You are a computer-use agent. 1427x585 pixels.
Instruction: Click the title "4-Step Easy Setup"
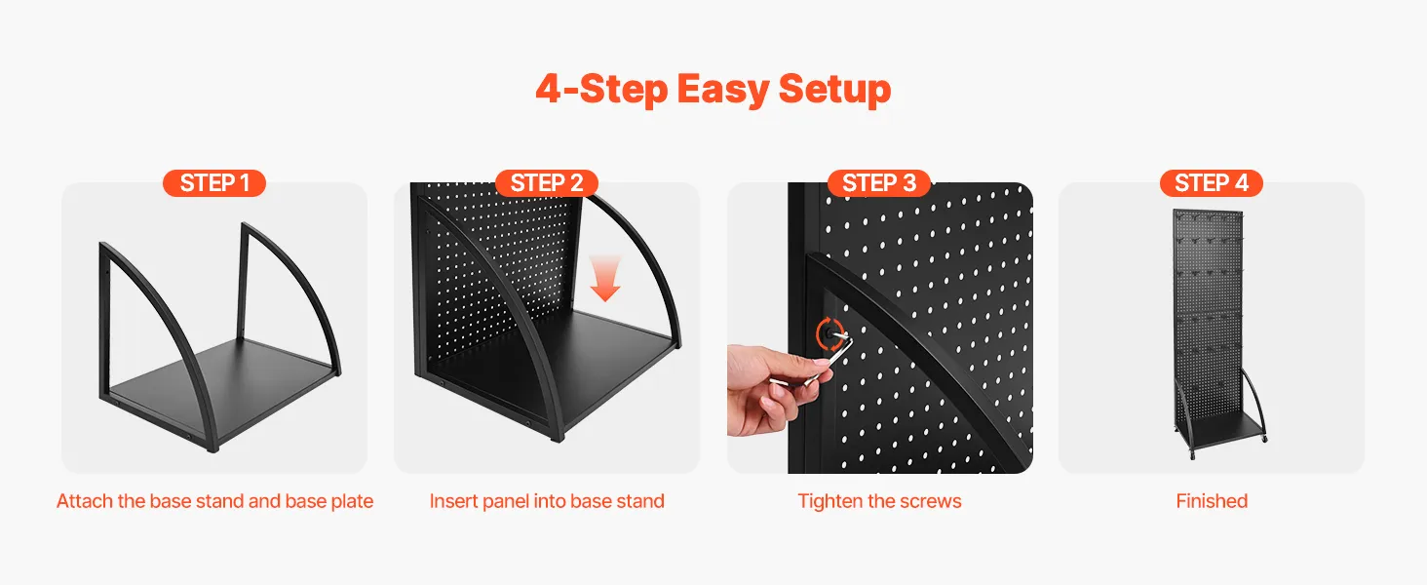[x=713, y=90]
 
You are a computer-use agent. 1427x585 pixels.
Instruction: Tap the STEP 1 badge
[x=214, y=183]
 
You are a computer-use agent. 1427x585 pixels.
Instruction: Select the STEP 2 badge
[x=547, y=183]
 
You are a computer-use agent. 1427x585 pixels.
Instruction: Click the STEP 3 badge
[x=879, y=183]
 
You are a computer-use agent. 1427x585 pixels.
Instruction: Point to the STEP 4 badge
[x=1211, y=183]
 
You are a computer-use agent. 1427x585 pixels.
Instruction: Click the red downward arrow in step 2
[x=604, y=279]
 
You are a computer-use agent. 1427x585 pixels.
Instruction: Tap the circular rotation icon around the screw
[x=830, y=333]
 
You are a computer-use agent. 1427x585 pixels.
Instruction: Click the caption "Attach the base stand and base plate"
[x=214, y=501]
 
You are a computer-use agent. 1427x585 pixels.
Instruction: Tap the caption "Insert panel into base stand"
[x=547, y=501]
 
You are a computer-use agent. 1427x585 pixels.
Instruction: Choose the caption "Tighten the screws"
[x=879, y=501]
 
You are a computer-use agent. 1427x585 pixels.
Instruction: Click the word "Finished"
[x=1212, y=501]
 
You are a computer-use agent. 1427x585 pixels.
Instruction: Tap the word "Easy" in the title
[x=722, y=90]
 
